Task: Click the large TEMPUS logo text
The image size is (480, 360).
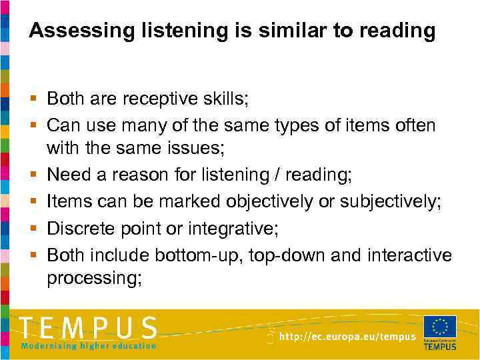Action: click(x=89, y=328)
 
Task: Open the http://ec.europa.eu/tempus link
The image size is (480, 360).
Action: click(x=347, y=337)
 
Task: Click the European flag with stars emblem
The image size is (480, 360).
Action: click(x=439, y=326)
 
